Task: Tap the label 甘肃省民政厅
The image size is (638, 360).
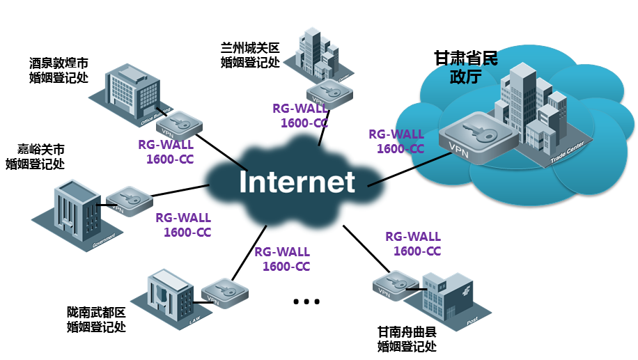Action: (466, 67)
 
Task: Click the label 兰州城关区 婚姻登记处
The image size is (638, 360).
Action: (249, 55)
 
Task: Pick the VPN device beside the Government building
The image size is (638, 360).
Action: (129, 201)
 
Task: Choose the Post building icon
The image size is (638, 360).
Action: (446, 297)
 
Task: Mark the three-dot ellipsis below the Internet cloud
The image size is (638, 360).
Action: (306, 302)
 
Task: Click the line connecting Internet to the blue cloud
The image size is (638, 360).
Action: (404, 168)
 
